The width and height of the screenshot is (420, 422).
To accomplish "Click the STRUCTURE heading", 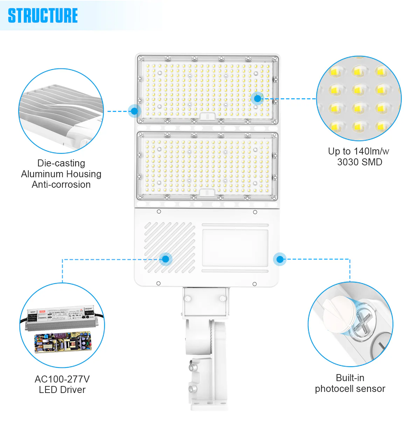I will coord(43,16).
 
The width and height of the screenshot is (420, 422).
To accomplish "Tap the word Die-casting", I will coord(61,163).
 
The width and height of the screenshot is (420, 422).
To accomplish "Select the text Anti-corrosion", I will coord(61,185).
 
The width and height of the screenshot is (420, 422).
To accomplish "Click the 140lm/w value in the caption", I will coord(371,151).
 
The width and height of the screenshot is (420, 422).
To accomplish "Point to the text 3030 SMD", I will coord(359,162).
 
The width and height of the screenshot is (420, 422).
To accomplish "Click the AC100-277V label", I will coord(62,379).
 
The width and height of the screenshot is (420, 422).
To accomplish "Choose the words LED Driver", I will coord(62,390).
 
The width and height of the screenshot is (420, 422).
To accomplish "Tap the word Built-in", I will coord(350,378).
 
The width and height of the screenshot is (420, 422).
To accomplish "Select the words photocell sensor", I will coord(350,389).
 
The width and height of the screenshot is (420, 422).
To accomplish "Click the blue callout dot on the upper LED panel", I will coord(258,99).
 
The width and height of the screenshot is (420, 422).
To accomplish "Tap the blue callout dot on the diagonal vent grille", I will coord(166,259).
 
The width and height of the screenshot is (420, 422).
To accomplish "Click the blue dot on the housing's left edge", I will coord(134,112).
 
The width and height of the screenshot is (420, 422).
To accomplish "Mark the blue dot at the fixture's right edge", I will coord(280,259).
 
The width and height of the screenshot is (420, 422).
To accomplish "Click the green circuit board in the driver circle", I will coord(63,343).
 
